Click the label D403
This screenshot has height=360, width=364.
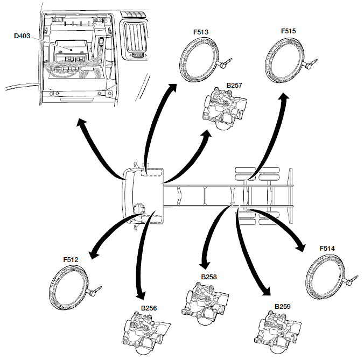[x=23, y=37]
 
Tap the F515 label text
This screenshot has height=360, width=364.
[x=288, y=32]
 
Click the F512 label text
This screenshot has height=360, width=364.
[x=71, y=259]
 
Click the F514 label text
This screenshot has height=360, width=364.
[x=327, y=249]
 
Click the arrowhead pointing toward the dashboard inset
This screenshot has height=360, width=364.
[x=80, y=124]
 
